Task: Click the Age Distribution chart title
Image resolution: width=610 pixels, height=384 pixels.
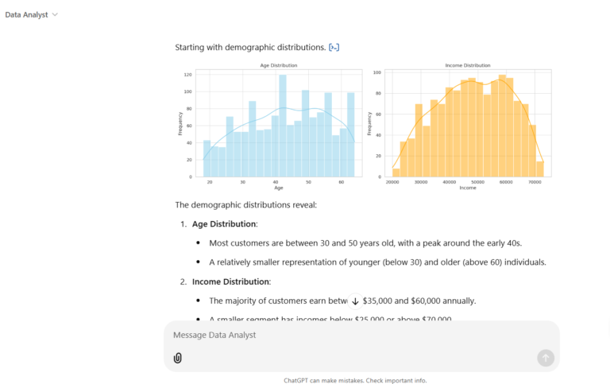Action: pos(278,65)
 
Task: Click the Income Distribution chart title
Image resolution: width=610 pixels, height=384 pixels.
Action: pos(468,65)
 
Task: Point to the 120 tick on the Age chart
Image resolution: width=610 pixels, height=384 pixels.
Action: pos(188,75)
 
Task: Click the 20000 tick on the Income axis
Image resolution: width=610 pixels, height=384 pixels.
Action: pos(392,182)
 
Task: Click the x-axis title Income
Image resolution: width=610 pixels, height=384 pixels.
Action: pos(468,188)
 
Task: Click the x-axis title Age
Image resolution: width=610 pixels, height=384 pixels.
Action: pos(278,188)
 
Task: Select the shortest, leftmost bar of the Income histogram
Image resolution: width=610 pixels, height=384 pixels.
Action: pos(396,173)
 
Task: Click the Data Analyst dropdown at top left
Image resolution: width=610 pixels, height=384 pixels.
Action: pos(32,15)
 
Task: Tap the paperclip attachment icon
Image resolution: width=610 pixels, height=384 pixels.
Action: pos(178,358)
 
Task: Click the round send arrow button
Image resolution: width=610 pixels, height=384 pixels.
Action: pos(545,358)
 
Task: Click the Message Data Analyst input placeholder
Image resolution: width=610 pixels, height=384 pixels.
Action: pos(214,336)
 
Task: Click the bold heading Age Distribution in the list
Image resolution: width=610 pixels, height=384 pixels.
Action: pos(224,224)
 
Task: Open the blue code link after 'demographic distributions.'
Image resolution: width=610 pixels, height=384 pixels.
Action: pos(334,48)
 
